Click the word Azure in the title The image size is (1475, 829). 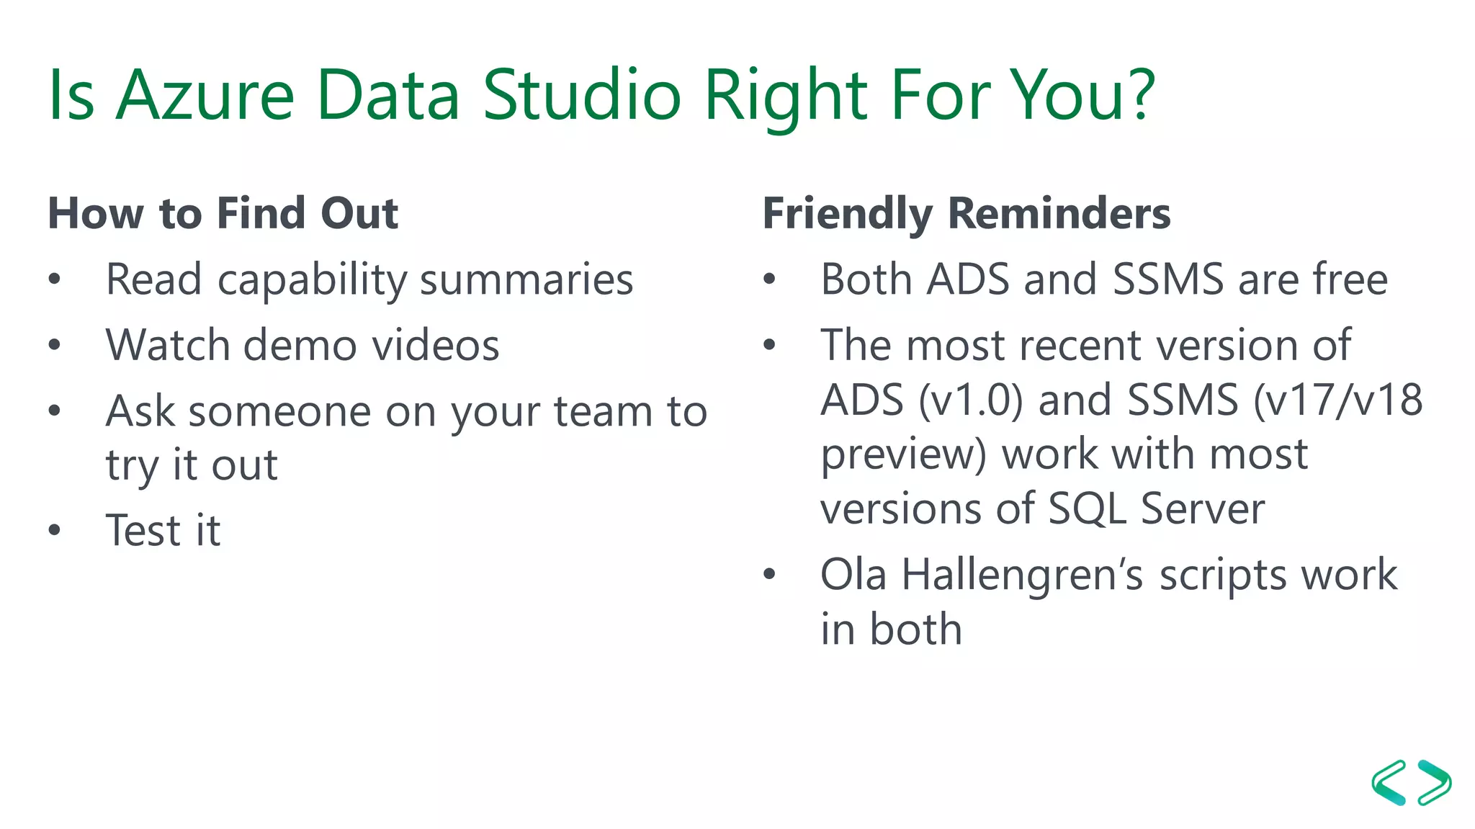205,95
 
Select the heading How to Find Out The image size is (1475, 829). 223,213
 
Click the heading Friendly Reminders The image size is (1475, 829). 966,213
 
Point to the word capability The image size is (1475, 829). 312,280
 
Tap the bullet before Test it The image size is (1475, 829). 55,531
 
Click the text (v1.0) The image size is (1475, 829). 970,400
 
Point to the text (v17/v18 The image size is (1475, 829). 1337,400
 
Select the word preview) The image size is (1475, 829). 903,456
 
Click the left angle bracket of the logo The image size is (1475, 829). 1389,782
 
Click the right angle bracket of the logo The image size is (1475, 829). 1435,782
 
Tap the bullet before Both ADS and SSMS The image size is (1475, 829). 769,279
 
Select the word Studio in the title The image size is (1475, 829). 582,95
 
